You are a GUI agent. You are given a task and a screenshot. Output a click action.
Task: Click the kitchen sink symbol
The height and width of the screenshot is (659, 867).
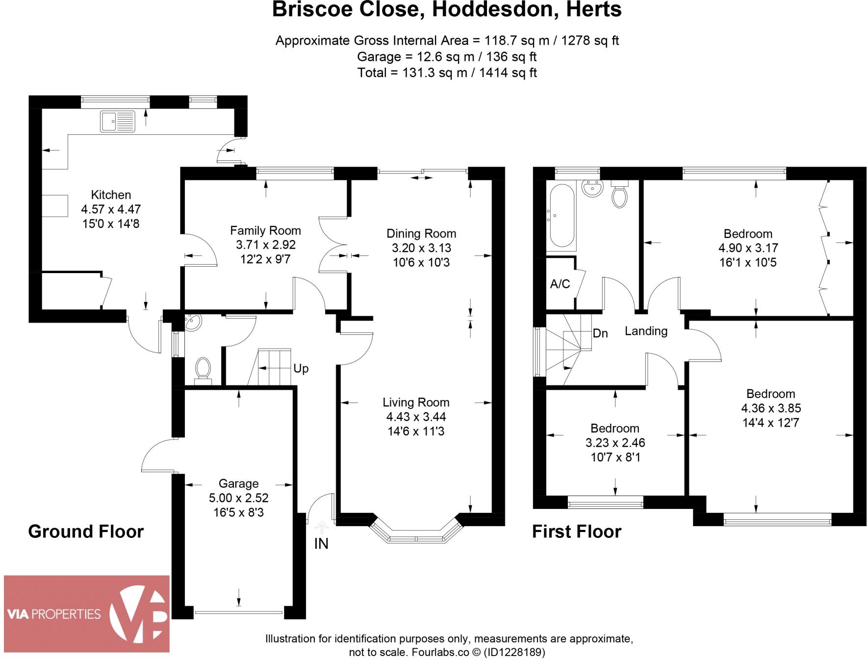coord(118,121)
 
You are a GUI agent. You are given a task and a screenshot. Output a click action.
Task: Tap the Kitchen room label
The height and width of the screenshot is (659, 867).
coord(111,195)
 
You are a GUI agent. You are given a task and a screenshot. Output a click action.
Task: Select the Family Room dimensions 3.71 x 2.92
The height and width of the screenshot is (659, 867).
coord(265,245)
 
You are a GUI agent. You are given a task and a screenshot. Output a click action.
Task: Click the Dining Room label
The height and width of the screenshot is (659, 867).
coord(421,233)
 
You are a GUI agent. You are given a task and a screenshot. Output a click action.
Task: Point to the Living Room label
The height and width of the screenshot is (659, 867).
coord(416,403)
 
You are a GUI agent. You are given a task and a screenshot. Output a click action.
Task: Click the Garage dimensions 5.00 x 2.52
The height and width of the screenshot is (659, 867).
coord(238,498)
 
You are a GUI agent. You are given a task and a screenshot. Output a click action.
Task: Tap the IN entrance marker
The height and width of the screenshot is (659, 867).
coord(321,544)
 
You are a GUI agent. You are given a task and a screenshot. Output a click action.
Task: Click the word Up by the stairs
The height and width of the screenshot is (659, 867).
coord(301,368)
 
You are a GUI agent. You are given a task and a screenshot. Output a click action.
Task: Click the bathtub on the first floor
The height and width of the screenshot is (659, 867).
coord(561,216)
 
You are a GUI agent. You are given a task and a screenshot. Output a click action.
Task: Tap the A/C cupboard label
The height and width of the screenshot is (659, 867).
coord(560,284)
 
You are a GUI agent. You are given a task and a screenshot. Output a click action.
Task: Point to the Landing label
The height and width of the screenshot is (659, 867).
coord(646,331)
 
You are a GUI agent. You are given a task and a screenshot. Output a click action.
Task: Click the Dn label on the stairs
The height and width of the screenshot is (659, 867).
coord(600,333)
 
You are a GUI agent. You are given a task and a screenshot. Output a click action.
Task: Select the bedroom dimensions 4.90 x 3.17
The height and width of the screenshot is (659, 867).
coord(748,248)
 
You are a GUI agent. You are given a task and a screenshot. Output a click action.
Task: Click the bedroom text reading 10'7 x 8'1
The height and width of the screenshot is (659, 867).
coord(615,457)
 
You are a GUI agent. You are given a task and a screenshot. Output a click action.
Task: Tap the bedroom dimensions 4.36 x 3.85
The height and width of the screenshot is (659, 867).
coord(771,408)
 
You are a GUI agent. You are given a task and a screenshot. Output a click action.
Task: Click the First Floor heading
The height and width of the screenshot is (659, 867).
coord(576,532)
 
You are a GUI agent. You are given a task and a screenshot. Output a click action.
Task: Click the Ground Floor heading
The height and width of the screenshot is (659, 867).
coord(86,532)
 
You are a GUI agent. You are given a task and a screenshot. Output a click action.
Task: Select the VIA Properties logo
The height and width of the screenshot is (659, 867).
coord(87,613)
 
